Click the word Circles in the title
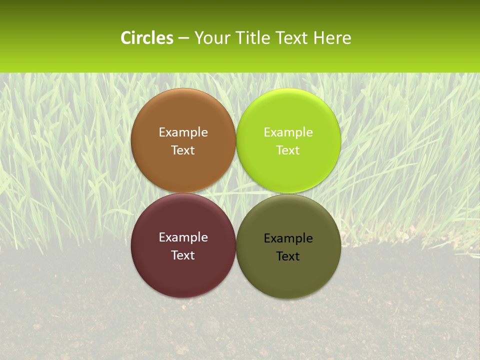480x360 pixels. (147, 38)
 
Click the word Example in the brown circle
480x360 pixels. (183, 132)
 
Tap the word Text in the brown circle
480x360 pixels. (183, 150)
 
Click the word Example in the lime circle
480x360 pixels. (288, 132)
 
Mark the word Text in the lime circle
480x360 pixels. (288, 150)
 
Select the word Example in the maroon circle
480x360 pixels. (183, 237)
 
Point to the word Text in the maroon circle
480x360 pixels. (183, 255)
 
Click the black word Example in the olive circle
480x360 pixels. (288, 238)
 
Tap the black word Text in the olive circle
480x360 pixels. (288, 256)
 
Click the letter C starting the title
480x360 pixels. (126, 38)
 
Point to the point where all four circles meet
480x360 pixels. (236, 193)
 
